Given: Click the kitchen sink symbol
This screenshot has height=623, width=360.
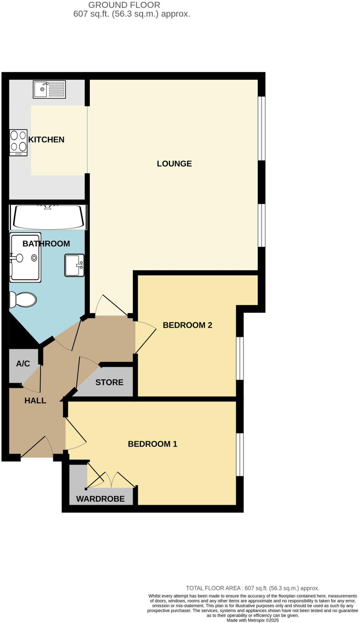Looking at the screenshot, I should tap(49, 89).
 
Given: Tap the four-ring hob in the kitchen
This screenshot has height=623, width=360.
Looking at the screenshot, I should tap(19, 143).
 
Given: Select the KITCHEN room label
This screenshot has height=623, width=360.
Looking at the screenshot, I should tap(46, 140).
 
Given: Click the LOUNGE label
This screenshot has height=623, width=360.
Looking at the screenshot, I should tap(174, 164).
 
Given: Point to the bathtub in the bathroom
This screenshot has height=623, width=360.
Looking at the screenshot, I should tap(48, 217).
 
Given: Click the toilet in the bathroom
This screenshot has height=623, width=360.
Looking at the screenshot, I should tap(23, 300).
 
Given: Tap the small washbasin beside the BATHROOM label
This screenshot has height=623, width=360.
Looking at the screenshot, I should tap(74, 265).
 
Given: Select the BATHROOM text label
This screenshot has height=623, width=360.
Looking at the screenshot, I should tap(46, 244).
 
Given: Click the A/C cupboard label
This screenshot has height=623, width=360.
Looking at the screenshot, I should tap(23, 364).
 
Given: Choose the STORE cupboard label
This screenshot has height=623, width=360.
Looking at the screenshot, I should tap(109, 382).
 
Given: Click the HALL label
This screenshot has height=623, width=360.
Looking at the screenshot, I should tap(35, 401).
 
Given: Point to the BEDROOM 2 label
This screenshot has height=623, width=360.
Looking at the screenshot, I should tap(187, 325).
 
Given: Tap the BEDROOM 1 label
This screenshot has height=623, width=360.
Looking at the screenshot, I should tap(152, 444).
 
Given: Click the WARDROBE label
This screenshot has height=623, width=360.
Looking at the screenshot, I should tap(100, 499).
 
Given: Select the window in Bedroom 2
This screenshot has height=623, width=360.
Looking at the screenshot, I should tap(240, 358).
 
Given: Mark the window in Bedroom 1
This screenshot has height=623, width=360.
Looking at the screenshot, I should tap(240, 454).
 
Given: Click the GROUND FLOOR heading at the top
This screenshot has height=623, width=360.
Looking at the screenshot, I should tap(124, 5).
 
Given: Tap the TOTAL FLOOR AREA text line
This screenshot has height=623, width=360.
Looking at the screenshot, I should tap(252, 588).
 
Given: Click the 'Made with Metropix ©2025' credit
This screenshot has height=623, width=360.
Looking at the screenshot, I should tap(252, 620).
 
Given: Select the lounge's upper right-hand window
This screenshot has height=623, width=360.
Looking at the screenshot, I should tap(261, 128).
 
